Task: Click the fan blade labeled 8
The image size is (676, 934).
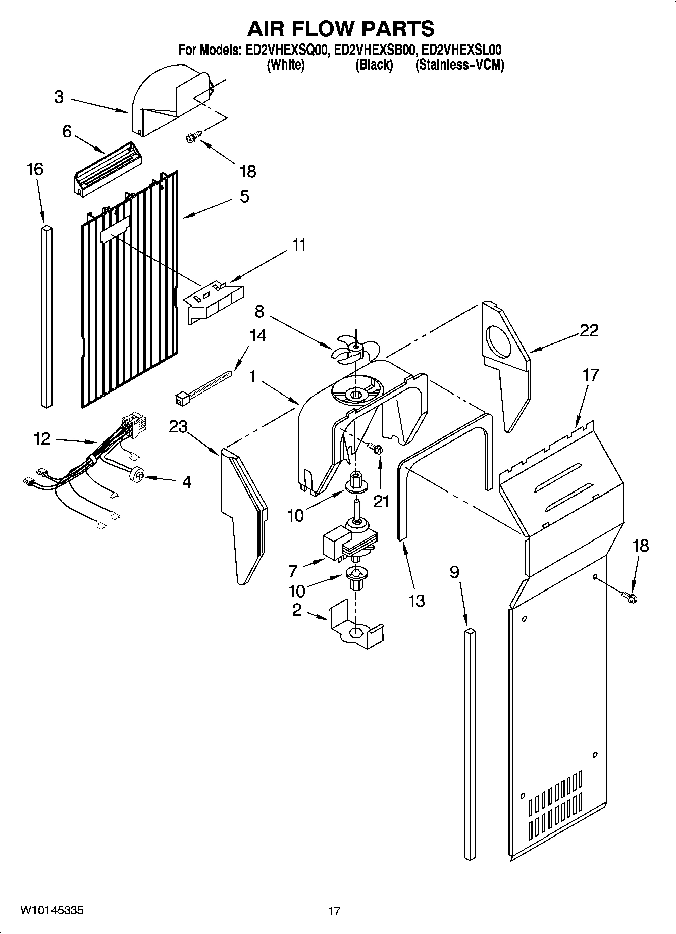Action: [x=354, y=350]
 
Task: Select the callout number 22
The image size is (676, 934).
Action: [x=589, y=330]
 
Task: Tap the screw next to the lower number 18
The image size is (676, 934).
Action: [x=631, y=597]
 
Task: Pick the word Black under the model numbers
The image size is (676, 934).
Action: [x=374, y=65]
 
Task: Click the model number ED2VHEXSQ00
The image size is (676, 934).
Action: [x=286, y=50]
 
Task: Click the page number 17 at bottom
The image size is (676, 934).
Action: [x=334, y=911]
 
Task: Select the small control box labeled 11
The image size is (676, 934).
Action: [x=214, y=302]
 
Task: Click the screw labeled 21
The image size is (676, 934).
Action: [x=375, y=448]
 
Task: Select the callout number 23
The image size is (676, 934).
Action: [x=178, y=427]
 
